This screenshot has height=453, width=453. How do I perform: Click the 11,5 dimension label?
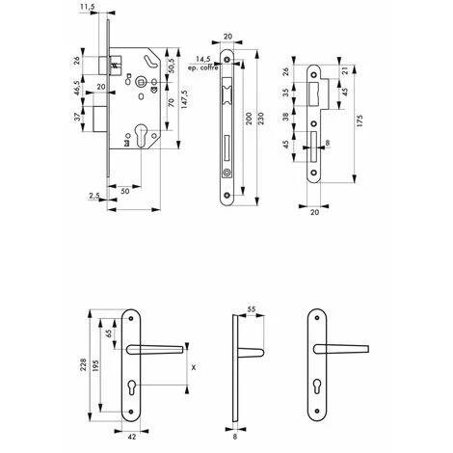(85, 7)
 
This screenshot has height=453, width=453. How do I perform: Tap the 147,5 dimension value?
(185, 99)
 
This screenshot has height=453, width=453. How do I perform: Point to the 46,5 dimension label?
(77, 88)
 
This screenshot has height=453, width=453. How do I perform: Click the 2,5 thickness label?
(94, 195)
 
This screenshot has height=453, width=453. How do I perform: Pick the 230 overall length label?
(261, 119)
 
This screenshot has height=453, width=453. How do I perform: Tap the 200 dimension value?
(248, 119)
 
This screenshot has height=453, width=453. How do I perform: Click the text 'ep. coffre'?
(203, 67)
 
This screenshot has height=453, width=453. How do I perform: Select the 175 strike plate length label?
(360, 120)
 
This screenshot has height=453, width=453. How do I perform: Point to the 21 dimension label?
(345, 71)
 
